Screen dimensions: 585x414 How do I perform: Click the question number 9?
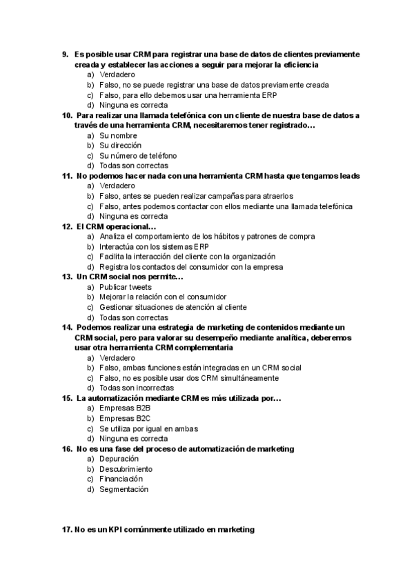pos(66,54)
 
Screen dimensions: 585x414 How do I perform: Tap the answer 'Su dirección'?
pos(121,145)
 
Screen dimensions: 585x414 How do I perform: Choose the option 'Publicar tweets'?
pos(126,287)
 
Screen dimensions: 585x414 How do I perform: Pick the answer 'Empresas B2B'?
pos(125,408)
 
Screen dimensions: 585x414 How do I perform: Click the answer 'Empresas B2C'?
pos(125,419)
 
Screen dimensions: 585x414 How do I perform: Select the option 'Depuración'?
pos(119,459)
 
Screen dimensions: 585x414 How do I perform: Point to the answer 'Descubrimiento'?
pos(126,469)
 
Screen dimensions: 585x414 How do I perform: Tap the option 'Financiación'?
pos(121,479)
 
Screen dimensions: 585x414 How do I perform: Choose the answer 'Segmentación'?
pos(124,490)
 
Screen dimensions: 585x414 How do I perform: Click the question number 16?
pos(67,449)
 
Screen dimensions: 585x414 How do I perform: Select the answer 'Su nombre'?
pos(119,135)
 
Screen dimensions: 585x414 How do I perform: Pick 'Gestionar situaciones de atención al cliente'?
pos(173,307)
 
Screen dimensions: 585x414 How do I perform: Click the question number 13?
pos(67,277)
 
